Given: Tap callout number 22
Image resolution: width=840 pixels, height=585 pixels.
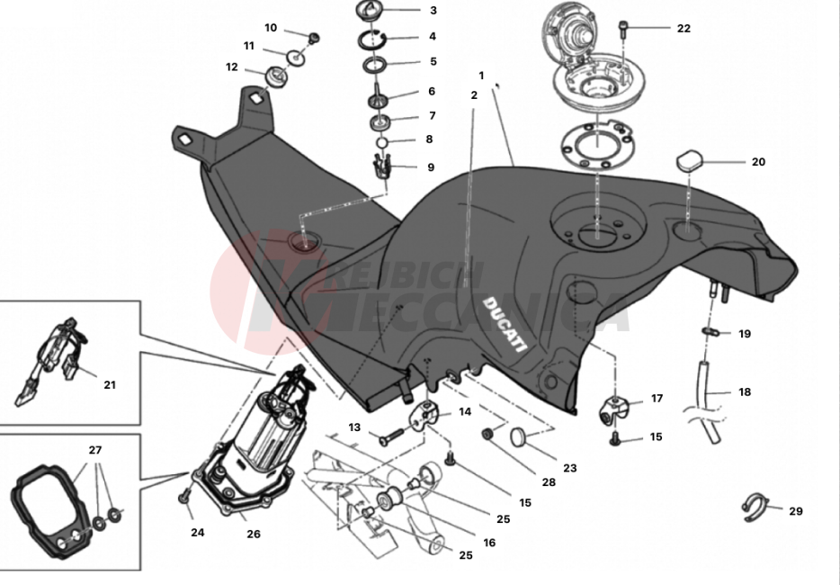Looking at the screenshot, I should coord(684,29).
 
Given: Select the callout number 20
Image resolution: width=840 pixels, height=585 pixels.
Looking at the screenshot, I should coord(758,163).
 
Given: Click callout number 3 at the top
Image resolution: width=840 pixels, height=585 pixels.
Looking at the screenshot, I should coord(433,11).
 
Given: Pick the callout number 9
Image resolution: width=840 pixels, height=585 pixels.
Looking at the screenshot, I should coord(431,167).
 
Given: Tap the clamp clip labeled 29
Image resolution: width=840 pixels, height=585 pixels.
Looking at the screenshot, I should coord(754,508).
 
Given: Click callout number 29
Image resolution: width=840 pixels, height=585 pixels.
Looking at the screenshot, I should coord(795,511).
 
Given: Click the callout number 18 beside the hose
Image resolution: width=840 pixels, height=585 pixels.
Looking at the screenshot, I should coord(745,392).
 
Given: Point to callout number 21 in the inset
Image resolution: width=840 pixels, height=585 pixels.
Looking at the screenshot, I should coord(110,385).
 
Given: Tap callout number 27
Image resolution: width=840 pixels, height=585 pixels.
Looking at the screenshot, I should coord(95,449).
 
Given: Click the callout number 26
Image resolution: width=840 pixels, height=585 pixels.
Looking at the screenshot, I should coord(254,534).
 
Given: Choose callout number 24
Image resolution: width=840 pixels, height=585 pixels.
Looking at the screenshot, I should coord(198,532).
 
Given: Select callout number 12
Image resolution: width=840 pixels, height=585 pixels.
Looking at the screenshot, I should coord(232,67).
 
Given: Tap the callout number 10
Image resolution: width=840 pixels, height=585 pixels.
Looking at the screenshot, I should coord(271,28).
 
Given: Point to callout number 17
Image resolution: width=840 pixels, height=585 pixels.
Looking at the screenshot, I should coord(657,398).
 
